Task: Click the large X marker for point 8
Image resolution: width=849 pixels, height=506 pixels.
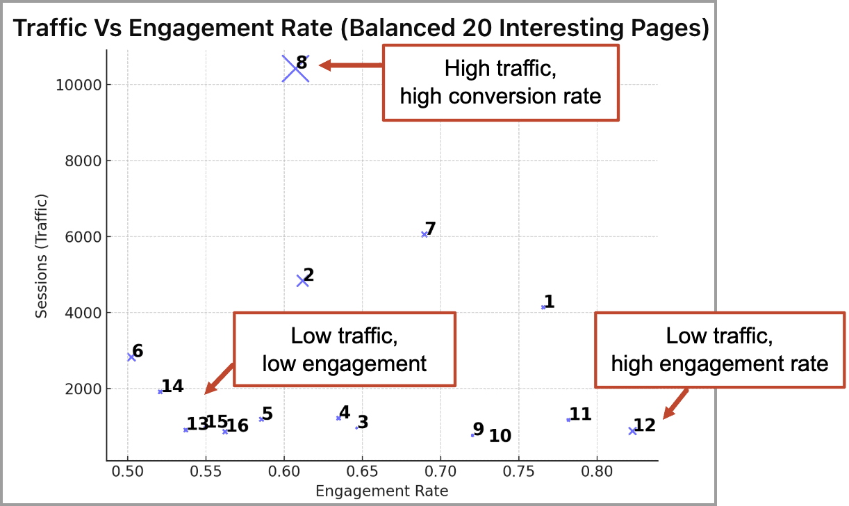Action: (295, 68)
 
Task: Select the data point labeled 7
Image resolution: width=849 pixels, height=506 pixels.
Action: (424, 234)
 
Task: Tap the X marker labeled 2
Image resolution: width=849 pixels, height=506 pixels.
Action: (302, 281)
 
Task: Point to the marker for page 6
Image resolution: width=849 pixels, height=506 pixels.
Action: (131, 357)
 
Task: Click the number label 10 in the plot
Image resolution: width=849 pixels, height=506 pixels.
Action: (500, 436)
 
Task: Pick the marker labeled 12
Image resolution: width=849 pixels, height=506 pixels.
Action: (632, 431)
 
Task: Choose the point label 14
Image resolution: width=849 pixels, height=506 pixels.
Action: (172, 386)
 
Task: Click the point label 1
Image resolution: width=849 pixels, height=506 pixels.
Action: (550, 302)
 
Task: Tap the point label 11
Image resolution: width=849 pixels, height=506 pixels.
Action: (580, 415)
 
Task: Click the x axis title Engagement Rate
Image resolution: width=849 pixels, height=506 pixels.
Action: (381, 491)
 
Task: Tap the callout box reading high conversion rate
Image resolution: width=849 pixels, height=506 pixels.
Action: (500, 83)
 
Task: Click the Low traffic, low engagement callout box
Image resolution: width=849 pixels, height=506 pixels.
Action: (344, 349)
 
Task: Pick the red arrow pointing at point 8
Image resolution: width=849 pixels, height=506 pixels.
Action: (350, 65)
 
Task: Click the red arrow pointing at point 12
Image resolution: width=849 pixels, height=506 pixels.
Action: (675, 403)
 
